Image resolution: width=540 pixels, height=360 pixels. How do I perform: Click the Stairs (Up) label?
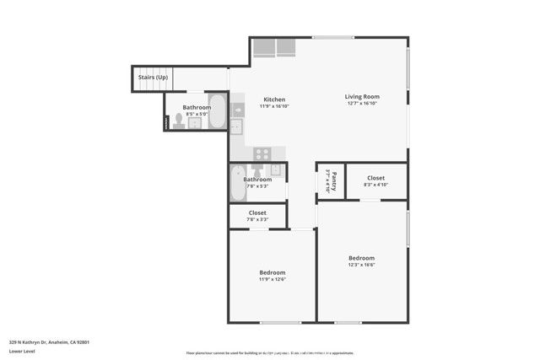point(153,78)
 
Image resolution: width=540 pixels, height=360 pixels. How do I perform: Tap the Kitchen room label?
point(274,99)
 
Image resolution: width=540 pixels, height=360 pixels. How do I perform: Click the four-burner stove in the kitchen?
point(262,153)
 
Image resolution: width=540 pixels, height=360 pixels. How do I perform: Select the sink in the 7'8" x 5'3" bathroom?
point(276,169)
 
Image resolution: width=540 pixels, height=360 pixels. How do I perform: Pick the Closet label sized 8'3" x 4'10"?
point(375,178)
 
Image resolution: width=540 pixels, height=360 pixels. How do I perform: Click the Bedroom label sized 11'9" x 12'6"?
point(272,272)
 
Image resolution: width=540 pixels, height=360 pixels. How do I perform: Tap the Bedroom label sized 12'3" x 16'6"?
point(361,258)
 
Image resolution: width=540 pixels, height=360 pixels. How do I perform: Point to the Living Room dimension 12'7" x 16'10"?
point(359,105)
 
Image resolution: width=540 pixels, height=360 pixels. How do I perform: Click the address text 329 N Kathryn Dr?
point(49,342)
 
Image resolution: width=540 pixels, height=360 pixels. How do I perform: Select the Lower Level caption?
point(24,353)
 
